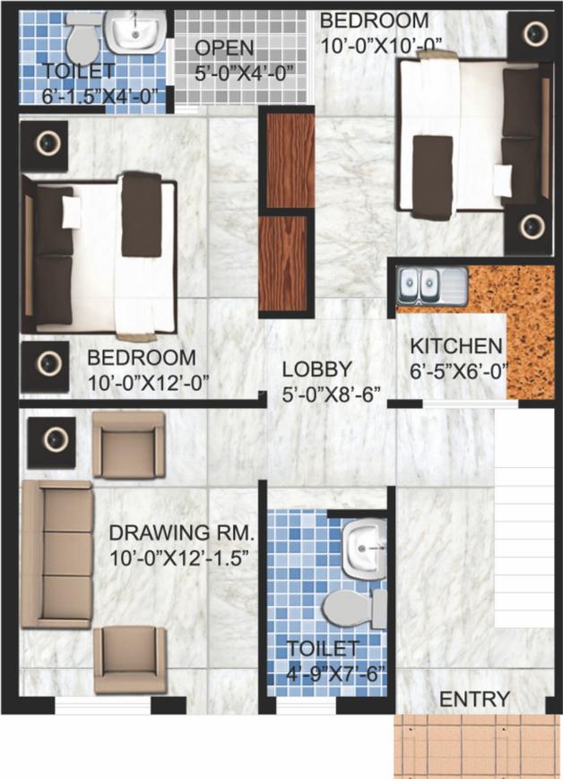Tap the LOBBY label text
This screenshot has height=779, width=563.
click(x=316, y=368)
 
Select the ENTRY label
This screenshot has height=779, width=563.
click(x=474, y=699)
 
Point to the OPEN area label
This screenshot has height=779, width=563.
click(x=225, y=48)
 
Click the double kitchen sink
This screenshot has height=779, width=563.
click(x=432, y=285)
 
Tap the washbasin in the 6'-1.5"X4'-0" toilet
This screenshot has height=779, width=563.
click(x=135, y=33)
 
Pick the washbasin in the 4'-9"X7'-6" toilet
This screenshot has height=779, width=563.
click(x=364, y=546)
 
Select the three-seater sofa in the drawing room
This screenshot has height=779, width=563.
click(x=56, y=553)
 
